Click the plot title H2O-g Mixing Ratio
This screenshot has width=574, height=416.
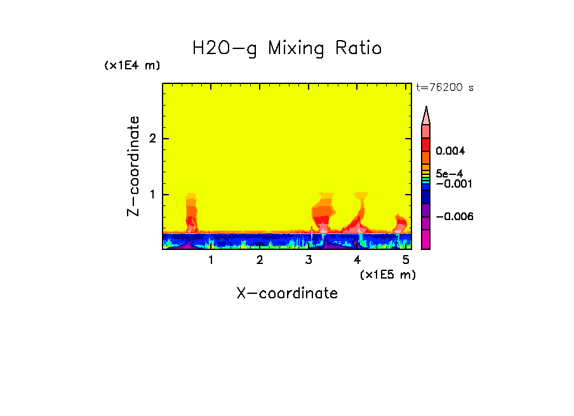(x=287, y=48)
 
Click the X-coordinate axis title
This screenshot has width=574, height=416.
(x=287, y=293)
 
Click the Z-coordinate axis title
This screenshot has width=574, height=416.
(x=133, y=166)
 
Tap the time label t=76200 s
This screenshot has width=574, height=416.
(x=444, y=88)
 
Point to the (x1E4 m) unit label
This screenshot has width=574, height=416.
(x=132, y=66)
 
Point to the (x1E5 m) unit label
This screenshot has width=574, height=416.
(x=387, y=274)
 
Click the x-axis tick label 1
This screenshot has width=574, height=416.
(x=211, y=260)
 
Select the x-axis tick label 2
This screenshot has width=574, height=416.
(x=260, y=260)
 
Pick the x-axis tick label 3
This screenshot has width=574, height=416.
(x=309, y=260)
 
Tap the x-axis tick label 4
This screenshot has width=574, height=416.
(x=357, y=260)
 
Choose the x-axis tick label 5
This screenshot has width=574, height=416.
(x=406, y=260)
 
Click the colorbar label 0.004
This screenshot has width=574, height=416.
(x=451, y=151)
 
